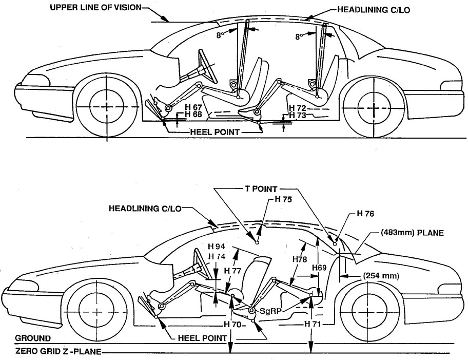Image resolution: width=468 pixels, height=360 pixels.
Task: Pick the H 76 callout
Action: (366, 215)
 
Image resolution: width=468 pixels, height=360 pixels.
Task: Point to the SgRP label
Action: (273, 311)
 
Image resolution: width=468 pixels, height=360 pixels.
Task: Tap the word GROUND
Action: (33, 339)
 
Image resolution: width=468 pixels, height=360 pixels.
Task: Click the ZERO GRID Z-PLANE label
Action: (58, 352)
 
